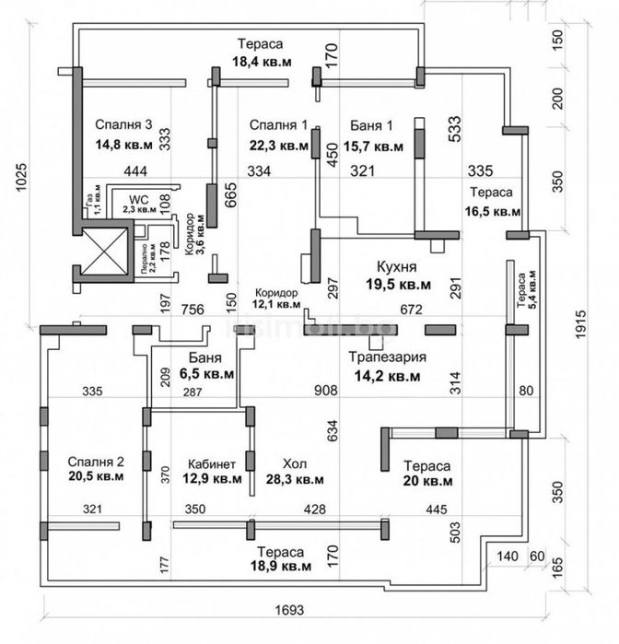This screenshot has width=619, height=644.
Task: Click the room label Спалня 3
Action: (x=123, y=125)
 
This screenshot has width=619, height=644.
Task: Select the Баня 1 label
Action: (x=372, y=125)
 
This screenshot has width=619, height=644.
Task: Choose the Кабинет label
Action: (x=212, y=463)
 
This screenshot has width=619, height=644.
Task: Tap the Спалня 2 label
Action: (x=96, y=461)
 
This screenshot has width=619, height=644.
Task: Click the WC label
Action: (x=138, y=198)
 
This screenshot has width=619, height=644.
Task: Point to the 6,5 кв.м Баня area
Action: (x=208, y=375)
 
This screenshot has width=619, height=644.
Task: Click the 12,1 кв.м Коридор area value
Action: (x=277, y=304)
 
